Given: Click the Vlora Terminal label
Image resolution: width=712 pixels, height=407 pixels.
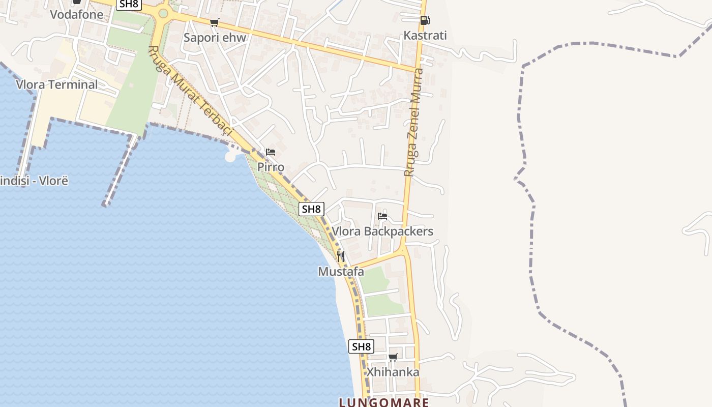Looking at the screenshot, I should tap(57, 84).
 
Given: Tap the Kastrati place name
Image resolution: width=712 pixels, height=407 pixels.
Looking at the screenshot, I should tap(425, 36).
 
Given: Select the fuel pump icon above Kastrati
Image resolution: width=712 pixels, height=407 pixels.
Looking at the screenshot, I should tap(425, 20).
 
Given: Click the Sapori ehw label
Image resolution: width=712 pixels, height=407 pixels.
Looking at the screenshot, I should tap(215, 38).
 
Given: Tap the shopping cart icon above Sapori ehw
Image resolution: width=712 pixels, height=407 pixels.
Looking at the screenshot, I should tap(215, 22).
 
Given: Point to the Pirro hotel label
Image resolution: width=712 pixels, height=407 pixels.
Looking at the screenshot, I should tap(271, 167).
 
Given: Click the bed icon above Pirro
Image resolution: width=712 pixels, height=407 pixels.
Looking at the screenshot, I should tap(271, 152).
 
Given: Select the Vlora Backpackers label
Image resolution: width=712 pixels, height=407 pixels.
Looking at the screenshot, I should tap(382, 231).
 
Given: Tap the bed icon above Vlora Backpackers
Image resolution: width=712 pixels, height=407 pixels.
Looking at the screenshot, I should tap(382, 216).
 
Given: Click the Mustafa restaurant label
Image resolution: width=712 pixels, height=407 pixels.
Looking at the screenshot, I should tap(341, 272).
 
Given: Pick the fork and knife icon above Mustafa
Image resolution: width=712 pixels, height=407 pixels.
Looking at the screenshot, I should tap(341, 256).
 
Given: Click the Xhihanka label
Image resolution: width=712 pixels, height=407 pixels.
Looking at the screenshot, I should tap(393, 372).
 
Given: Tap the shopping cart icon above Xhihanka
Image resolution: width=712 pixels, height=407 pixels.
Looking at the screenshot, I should tap(393, 357).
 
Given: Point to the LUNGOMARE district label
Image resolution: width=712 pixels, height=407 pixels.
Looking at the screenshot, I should tap(384, 402).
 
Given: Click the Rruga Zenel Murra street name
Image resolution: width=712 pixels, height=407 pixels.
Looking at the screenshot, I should tap(414, 122).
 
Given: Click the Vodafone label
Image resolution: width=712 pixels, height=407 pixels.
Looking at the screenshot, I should tap(76, 14).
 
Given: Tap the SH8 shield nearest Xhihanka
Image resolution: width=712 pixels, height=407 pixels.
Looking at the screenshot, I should tap(361, 347).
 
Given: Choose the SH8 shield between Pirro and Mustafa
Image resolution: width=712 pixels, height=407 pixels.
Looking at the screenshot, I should tap(311, 209).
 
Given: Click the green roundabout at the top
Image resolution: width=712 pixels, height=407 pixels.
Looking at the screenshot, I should tap(163, 13).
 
